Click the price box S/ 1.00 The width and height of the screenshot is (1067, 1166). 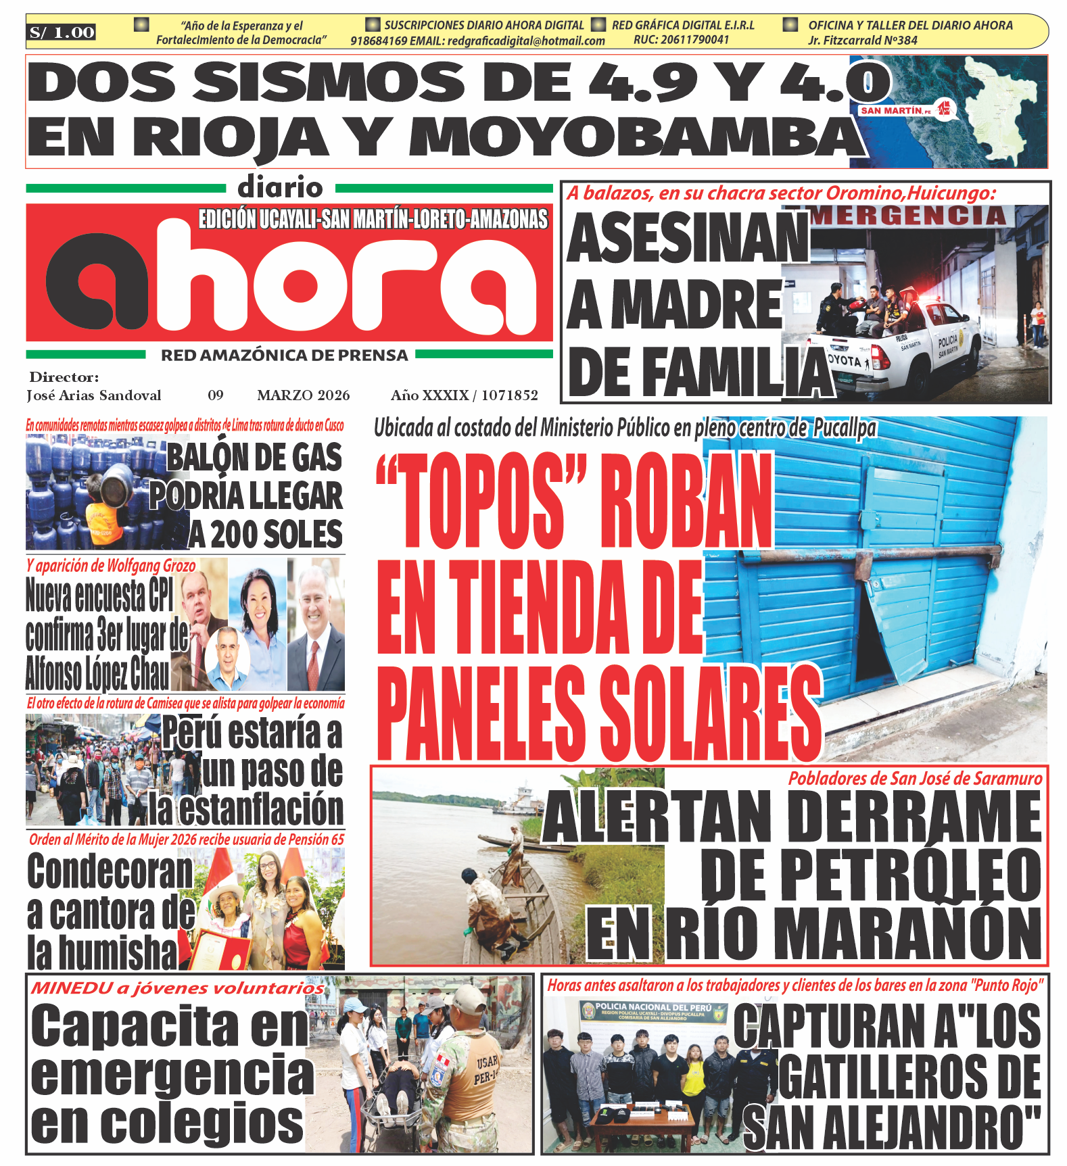coord(62,32)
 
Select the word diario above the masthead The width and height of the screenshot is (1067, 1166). coord(280,187)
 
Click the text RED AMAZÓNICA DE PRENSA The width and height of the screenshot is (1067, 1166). coord(284,355)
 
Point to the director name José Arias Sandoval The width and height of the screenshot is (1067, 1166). coord(94,395)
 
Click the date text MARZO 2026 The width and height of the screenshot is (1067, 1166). coord(304,395)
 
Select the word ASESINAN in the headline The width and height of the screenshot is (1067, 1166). coord(688,238)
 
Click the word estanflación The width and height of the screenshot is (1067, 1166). coord(246,809)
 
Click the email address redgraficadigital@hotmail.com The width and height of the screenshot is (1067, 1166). coord(526,41)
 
